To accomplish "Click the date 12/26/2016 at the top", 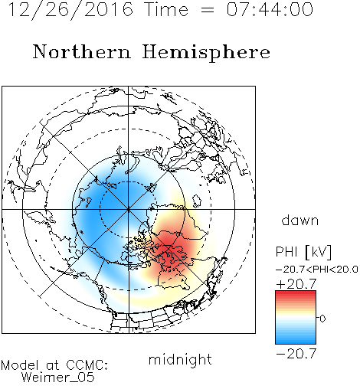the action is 71,10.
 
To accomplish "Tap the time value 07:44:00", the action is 270,9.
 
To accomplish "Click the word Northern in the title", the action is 82,51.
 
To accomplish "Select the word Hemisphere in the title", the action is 206,53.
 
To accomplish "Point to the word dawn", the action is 300,220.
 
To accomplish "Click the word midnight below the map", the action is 180,359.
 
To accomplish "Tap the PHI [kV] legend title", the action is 303,252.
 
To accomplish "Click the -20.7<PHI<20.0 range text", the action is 317,270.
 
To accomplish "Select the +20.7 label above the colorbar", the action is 296,284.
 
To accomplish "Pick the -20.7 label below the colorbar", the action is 296,354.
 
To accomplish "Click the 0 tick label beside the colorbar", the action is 322,319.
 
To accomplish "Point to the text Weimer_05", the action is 58,378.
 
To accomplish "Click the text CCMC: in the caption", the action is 87,365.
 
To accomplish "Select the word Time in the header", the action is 166,9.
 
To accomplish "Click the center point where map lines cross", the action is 129,209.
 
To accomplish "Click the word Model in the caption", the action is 20,365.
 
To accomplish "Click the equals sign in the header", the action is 207,10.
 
